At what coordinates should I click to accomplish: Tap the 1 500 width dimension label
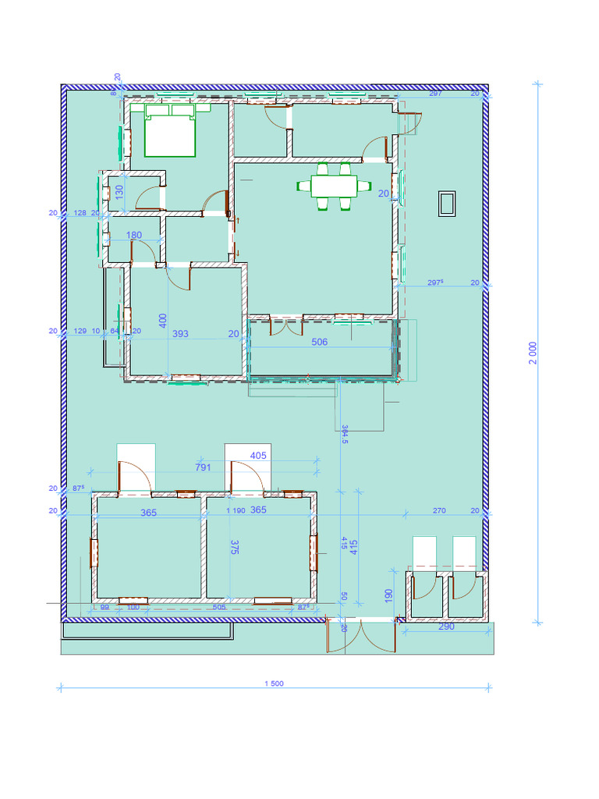(274, 684)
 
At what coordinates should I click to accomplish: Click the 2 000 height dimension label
(533, 353)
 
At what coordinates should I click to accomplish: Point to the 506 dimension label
(320, 342)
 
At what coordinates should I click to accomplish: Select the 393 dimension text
(180, 333)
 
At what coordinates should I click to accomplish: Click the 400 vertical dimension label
(163, 321)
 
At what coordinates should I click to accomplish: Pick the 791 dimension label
(203, 467)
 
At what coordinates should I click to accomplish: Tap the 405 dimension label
(258, 455)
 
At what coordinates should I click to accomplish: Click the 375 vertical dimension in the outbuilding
(235, 547)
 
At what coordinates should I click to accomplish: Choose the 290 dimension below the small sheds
(446, 627)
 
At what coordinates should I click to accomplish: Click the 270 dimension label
(439, 510)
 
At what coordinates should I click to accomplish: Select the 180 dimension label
(134, 235)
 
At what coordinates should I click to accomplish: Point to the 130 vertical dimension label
(119, 192)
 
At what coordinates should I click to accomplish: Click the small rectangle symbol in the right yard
(448, 204)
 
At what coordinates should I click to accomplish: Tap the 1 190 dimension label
(236, 510)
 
